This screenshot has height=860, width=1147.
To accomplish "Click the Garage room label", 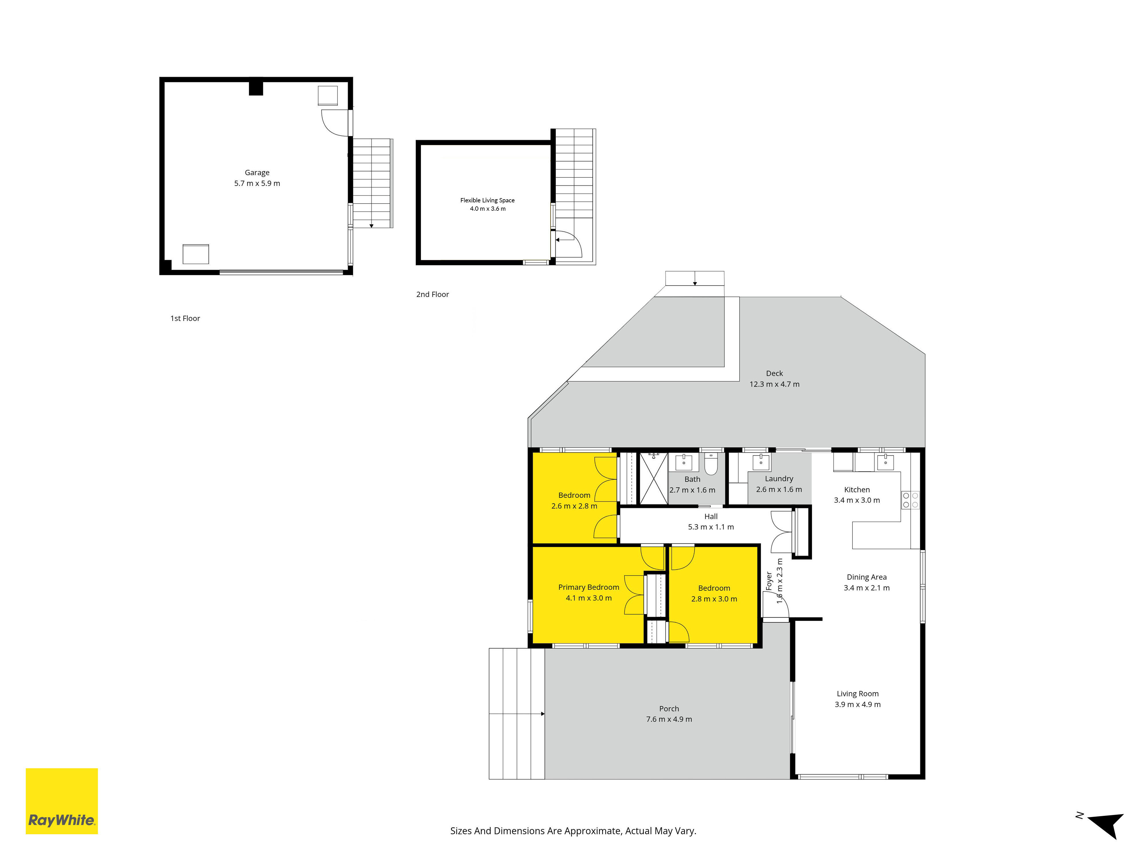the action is coord(257,173).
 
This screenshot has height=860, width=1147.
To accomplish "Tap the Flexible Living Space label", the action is coord(487,200).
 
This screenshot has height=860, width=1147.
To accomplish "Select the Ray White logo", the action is coord(62,801).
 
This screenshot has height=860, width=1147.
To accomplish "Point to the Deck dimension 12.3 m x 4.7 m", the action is coord(774,384).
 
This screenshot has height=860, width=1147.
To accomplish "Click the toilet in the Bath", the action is coord(711,464).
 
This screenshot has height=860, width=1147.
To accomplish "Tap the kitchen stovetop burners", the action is coord(910,500).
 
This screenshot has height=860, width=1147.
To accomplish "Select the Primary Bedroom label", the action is coord(588,587).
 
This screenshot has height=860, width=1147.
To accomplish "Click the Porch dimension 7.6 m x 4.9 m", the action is coord(669,719).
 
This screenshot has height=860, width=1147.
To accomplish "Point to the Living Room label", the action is coord(858,694).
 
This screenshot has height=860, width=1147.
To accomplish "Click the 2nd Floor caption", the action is coord(432,294).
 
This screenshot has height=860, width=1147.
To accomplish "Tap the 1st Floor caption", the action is coord(185,318).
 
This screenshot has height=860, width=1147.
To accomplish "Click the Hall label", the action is coord(711,516).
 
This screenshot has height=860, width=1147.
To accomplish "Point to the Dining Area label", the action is coord(867,577).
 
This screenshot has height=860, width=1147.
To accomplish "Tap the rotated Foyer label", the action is coord(769,581).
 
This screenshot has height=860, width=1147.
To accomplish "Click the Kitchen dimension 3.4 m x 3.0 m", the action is coord(857,500).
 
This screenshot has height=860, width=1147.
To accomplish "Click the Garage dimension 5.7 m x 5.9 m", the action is coord(257,183).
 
